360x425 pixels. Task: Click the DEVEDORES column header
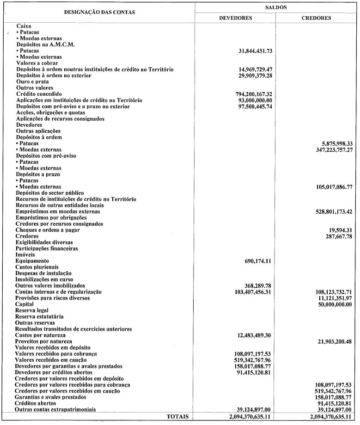tap(235, 18)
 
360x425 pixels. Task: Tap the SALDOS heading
tap(275, 7)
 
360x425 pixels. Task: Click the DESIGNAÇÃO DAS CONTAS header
tap(99, 12)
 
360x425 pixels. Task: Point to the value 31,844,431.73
tap(255, 50)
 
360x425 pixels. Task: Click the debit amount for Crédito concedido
tap(254, 94)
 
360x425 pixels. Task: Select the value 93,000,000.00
tap(255, 100)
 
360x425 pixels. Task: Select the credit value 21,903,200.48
tap(329, 341)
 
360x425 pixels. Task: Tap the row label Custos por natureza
tap(40, 335)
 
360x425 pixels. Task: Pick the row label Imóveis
tap(25, 255)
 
